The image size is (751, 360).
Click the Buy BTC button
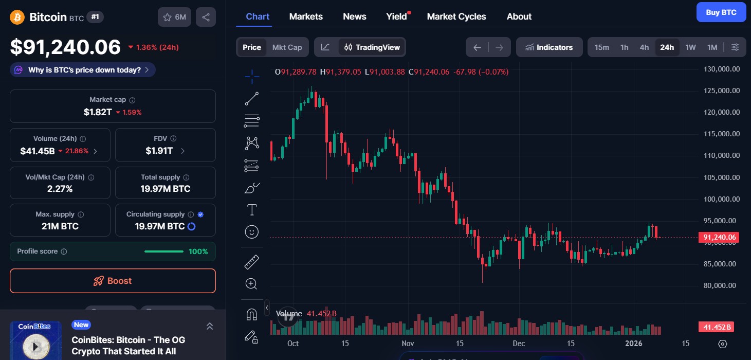pos(721,12)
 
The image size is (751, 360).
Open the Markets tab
pos(306,16)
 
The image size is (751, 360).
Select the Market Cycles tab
pos(456,16)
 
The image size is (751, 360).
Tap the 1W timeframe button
pos(690,47)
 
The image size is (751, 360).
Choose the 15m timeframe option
pos(601,47)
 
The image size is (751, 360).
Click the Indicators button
pos(549,47)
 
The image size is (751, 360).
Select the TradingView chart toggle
pos(372,47)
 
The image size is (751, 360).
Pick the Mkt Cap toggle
pos(287,47)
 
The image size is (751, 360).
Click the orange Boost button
pos(113,281)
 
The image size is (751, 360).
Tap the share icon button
pos(206,17)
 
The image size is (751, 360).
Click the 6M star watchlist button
pos(174,17)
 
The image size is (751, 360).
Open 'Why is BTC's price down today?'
pos(83,70)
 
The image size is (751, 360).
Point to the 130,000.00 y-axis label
pos(721,69)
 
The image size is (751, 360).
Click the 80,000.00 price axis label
pos(721,285)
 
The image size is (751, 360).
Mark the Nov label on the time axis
pos(408,344)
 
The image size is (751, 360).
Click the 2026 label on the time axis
pos(633,344)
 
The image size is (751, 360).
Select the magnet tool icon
pos(251,314)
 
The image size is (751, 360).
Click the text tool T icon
pos(252,210)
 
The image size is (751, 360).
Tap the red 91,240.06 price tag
pos(718,237)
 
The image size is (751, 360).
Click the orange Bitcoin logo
pos(17,17)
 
